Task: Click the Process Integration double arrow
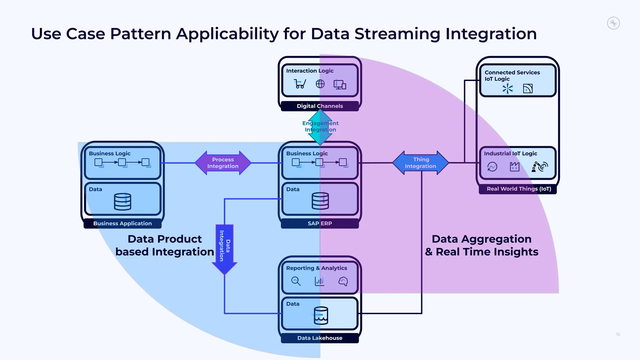click(x=223, y=163)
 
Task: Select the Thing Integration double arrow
click(x=420, y=163)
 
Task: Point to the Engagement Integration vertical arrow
click(x=320, y=127)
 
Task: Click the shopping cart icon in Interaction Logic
click(x=300, y=84)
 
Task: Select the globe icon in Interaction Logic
click(x=320, y=84)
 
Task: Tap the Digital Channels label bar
click(x=320, y=106)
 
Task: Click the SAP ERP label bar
click(x=320, y=223)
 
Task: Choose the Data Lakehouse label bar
click(x=320, y=338)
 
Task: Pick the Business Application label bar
click(x=122, y=223)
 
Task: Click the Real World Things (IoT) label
click(x=519, y=189)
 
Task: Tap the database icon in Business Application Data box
click(x=122, y=202)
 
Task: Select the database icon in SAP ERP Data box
click(x=320, y=201)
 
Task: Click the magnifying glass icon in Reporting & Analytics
click(x=296, y=281)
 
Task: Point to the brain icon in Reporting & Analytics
click(x=343, y=281)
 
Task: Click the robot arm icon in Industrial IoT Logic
click(x=539, y=167)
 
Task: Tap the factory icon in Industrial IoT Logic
click(x=514, y=167)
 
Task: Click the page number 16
click(x=618, y=334)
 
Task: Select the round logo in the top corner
click(x=613, y=23)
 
